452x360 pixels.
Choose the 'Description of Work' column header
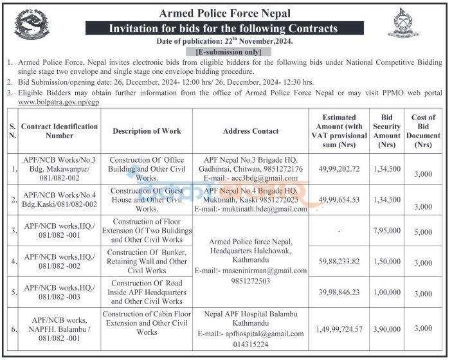pyautogui.click(x=147, y=131)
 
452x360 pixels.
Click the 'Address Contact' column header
pyautogui.click(x=250, y=131)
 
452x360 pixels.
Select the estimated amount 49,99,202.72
pyautogui.click(x=339, y=169)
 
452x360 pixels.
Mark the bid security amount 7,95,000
pyautogui.click(x=387, y=230)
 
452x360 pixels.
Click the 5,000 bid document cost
pyautogui.click(x=424, y=233)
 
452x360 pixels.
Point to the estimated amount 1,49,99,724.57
pyautogui.click(x=339, y=328)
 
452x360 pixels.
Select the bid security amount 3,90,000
pyautogui.click(x=387, y=328)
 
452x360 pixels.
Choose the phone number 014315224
pyautogui.click(x=250, y=344)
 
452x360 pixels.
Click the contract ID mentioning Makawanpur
pyautogui.click(x=60, y=169)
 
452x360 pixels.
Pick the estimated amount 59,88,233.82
pyautogui.click(x=339, y=262)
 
